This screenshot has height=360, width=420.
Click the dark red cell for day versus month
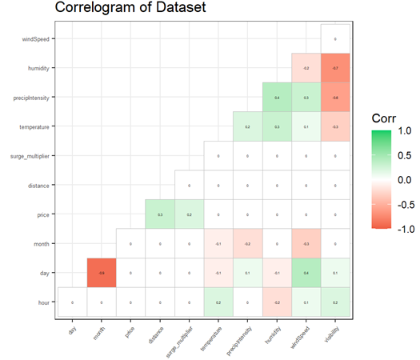(102, 273)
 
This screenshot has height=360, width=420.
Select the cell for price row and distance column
(160, 214)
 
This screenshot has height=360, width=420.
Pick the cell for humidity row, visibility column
(335, 69)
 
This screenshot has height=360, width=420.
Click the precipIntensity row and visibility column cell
(335, 98)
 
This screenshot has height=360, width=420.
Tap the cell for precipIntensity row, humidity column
(277, 98)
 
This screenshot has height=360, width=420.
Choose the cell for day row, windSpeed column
(306, 273)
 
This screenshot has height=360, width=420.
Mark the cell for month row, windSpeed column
(306, 244)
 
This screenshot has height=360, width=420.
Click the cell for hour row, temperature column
(218, 302)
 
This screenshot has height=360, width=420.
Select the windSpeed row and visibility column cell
(335, 39)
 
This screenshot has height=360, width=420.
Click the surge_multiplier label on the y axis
(29, 156)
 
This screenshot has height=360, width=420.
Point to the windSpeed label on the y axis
(36, 39)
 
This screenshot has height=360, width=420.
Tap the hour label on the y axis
(42, 302)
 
